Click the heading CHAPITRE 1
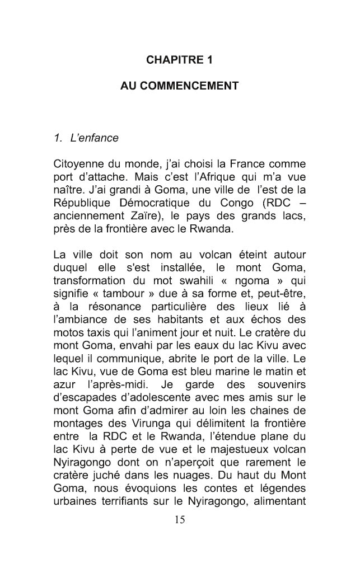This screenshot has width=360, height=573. pos(179,59)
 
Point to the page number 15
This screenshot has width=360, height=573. pos(180,521)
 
